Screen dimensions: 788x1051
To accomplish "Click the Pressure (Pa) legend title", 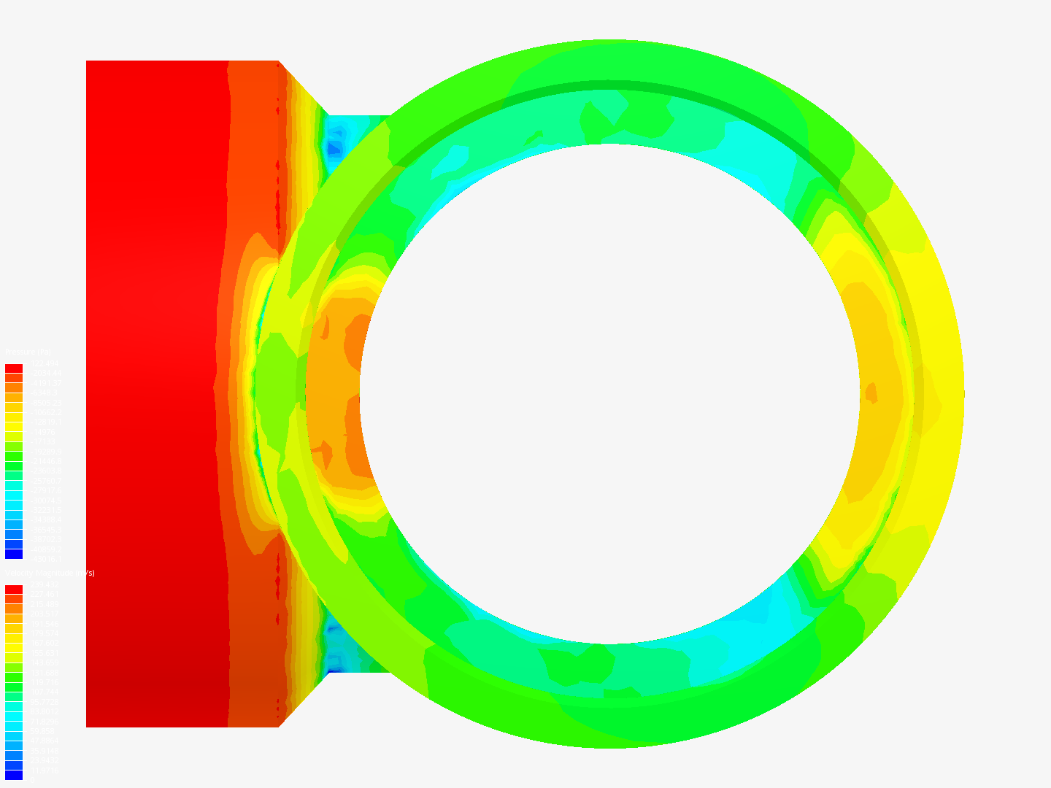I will point(28,352).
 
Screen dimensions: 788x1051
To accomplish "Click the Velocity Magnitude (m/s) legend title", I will point(50,573).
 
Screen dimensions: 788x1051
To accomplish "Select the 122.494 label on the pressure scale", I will point(44,363).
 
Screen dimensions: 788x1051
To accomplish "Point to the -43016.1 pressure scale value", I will point(45,559).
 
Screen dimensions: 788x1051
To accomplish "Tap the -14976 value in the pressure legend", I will point(42,432).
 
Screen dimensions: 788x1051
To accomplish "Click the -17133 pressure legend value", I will point(42,442).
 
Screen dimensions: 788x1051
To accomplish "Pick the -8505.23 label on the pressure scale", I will point(45,403).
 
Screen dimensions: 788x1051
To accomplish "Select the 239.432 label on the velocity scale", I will point(44,584).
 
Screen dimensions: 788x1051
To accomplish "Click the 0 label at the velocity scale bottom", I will point(30,780).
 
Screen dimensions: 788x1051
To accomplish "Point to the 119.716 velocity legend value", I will point(44,682).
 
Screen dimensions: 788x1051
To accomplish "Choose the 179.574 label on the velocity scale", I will point(44,633).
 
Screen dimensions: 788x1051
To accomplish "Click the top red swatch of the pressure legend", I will point(14,368).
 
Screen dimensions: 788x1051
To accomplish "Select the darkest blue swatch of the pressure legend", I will point(14,555).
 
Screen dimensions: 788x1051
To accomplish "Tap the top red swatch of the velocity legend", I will point(14,590).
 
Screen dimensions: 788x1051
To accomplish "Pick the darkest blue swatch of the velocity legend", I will point(14,775).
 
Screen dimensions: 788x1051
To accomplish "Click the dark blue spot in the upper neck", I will point(334,148).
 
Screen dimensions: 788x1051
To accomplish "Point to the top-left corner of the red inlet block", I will point(87,61).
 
